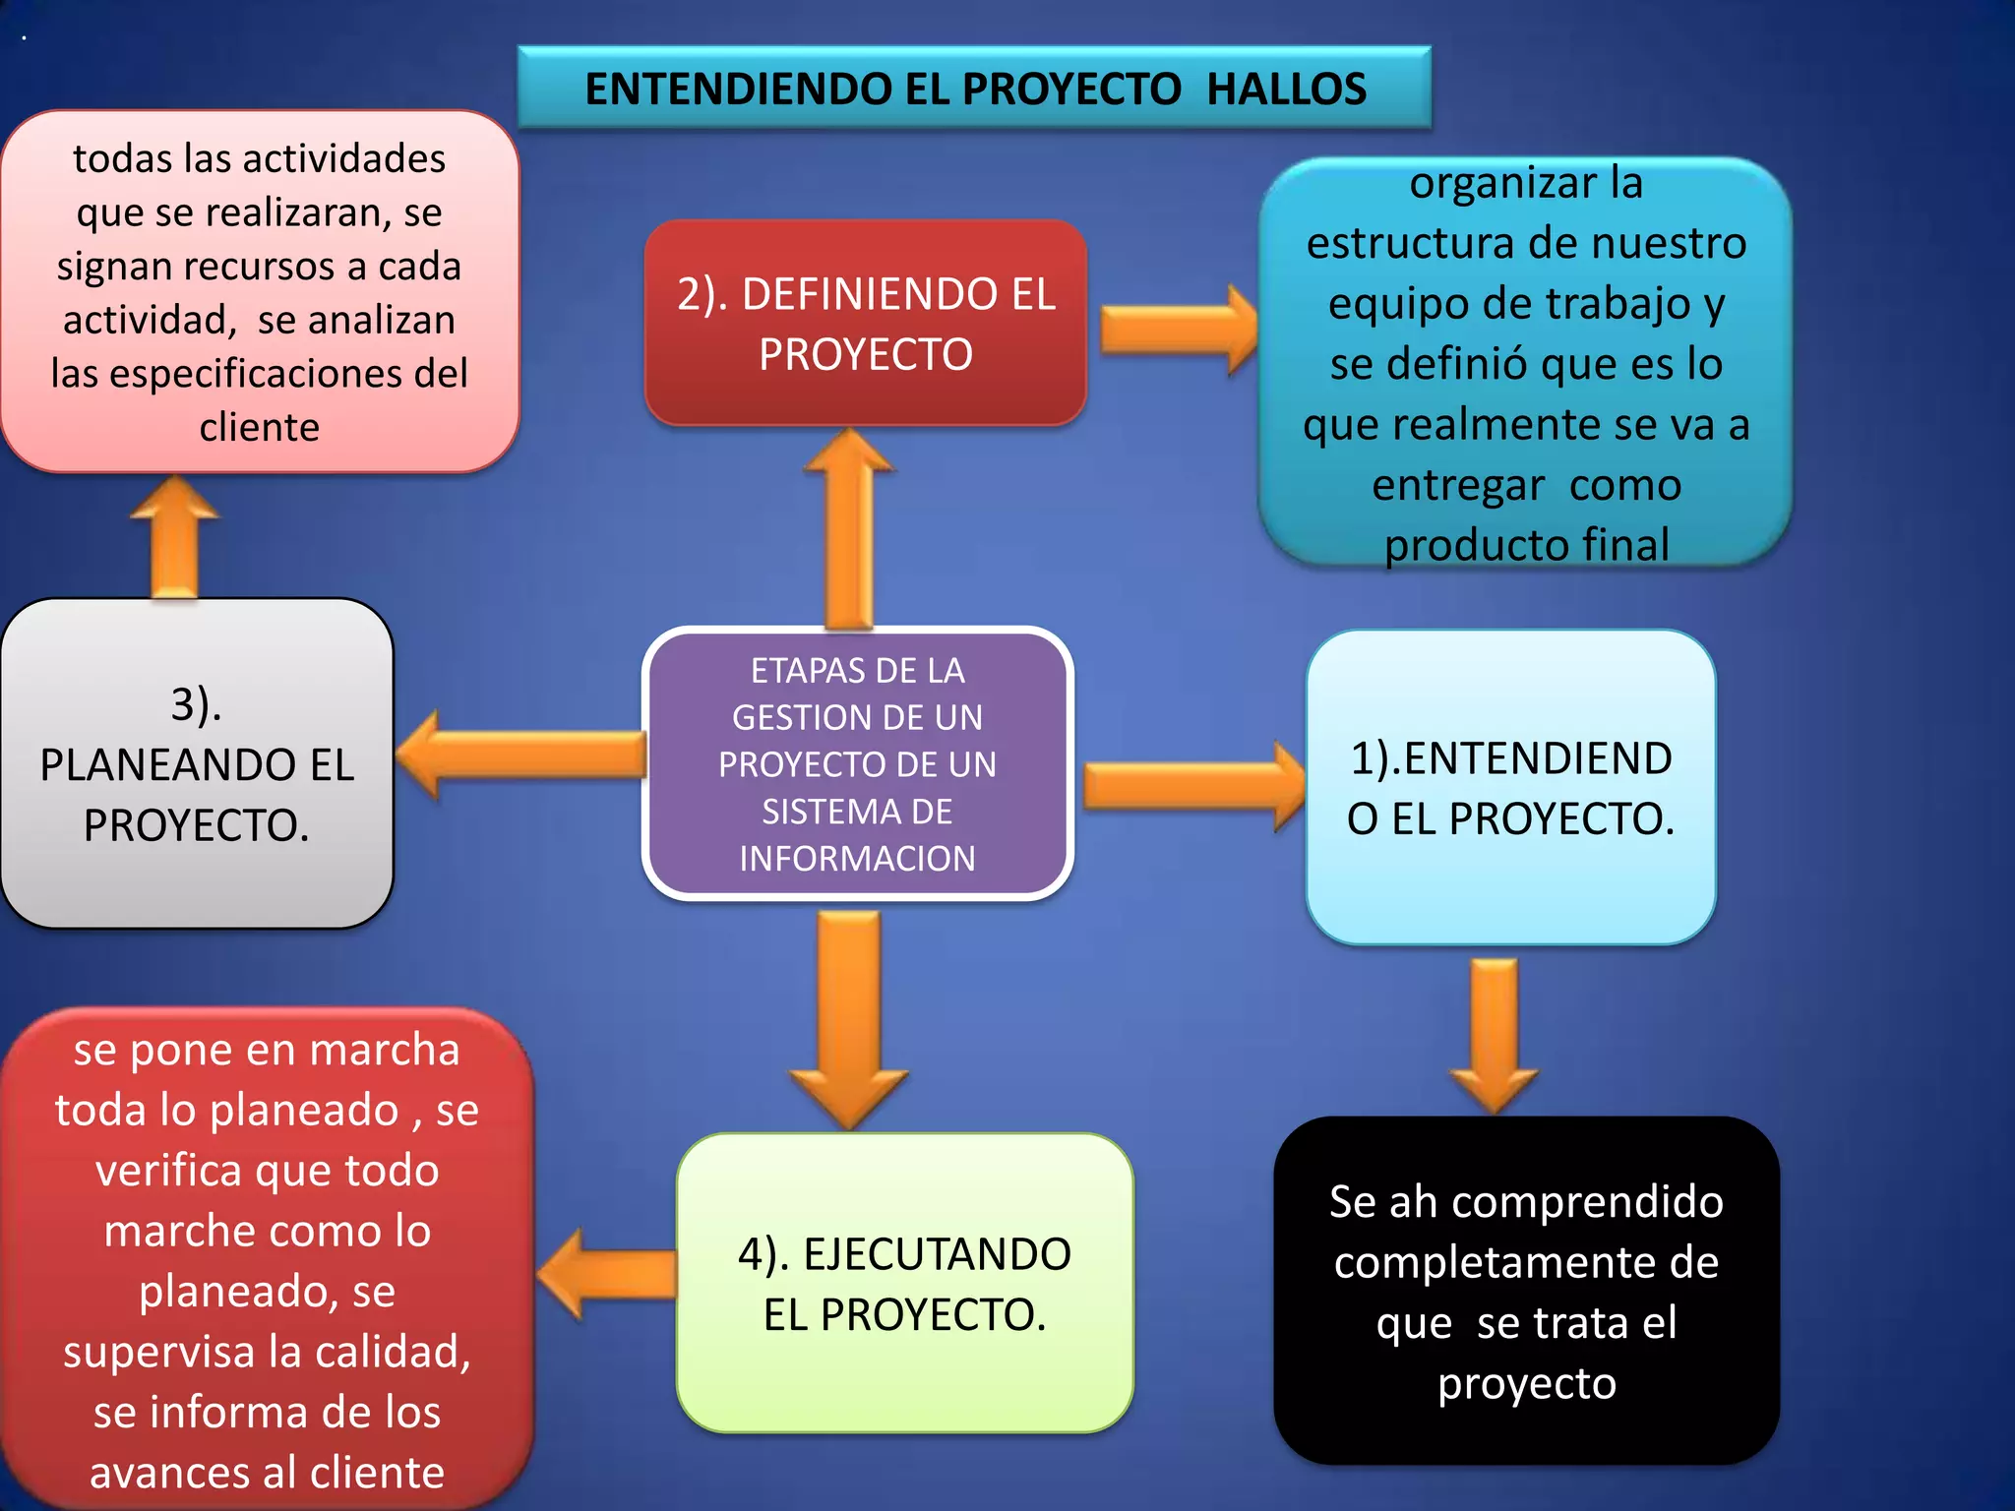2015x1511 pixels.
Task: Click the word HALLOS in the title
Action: (1286, 90)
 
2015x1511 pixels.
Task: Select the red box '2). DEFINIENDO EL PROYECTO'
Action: (865, 323)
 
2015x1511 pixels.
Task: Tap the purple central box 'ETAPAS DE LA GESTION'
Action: (857, 763)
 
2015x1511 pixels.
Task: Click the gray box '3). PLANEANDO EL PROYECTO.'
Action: (197, 763)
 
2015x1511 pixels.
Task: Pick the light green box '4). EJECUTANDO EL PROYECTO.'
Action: (904, 1283)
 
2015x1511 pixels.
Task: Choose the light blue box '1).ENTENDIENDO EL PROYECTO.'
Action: (1510, 787)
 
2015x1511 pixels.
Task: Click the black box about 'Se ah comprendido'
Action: (1526, 1291)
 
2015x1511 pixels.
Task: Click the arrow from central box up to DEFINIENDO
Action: (849, 531)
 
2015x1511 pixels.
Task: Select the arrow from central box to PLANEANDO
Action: (521, 755)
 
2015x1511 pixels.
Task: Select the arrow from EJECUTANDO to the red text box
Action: (608, 1274)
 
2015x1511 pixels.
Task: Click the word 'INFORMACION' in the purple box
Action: (857, 859)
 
